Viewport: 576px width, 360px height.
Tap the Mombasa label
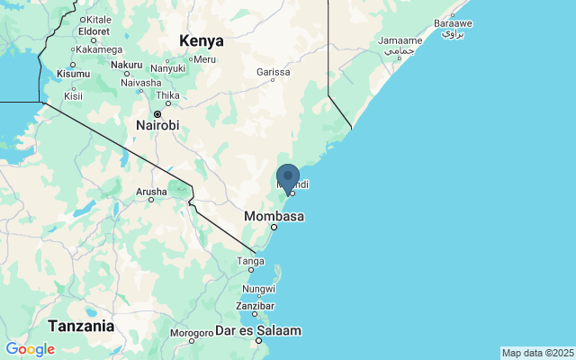click(x=274, y=216)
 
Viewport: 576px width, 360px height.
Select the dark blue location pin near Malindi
click(x=288, y=177)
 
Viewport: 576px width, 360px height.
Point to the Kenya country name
click(x=201, y=40)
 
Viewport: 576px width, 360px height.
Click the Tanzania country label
click(x=81, y=325)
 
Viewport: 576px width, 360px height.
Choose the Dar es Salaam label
click(x=258, y=331)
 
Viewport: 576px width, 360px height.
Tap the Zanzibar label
click(x=255, y=306)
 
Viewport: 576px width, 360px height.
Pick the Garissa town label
click(x=274, y=71)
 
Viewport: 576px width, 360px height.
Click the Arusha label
click(x=150, y=192)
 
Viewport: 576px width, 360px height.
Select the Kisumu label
click(x=73, y=73)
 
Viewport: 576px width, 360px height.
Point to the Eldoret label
click(x=93, y=31)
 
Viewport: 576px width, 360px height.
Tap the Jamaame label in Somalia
click(x=400, y=41)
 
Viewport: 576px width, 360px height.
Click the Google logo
click(x=30, y=349)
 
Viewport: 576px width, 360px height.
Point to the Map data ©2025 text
click(x=536, y=353)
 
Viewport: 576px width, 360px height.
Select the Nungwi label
click(x=258, y=289)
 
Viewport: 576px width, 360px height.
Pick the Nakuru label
click(x=127, y=65)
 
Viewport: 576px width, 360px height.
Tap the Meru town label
click(x=204, y=59)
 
